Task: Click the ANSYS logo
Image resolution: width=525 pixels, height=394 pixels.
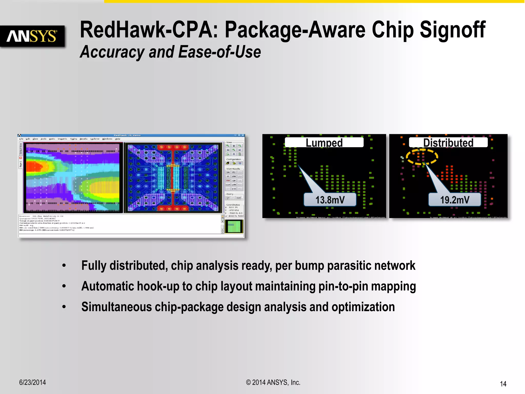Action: [x=32, y=36]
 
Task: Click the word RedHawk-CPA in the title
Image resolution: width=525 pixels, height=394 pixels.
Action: [x=149, y=30]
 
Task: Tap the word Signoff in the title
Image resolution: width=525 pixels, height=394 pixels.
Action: [x=452, y=30]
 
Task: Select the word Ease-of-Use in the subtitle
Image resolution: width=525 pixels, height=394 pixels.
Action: [x=219, y=52]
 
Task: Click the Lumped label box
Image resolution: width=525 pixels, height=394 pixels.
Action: [x=324, y=142]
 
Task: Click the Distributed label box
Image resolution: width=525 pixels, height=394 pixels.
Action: [x=448, y=142]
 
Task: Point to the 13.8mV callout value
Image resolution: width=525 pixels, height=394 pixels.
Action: [x=330, y=200]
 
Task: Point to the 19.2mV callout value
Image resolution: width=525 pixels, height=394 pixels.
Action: [x=455, y=200]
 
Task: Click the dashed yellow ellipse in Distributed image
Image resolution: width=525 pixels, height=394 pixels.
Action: [x=422, y=157]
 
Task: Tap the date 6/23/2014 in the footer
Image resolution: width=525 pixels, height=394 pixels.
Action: [x=33, y=382]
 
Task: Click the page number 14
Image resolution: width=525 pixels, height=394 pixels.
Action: [x=503, y=384]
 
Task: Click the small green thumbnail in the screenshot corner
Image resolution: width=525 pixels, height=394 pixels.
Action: [x=234, y=226]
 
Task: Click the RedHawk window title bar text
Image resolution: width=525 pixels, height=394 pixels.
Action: [x=127, y=135]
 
